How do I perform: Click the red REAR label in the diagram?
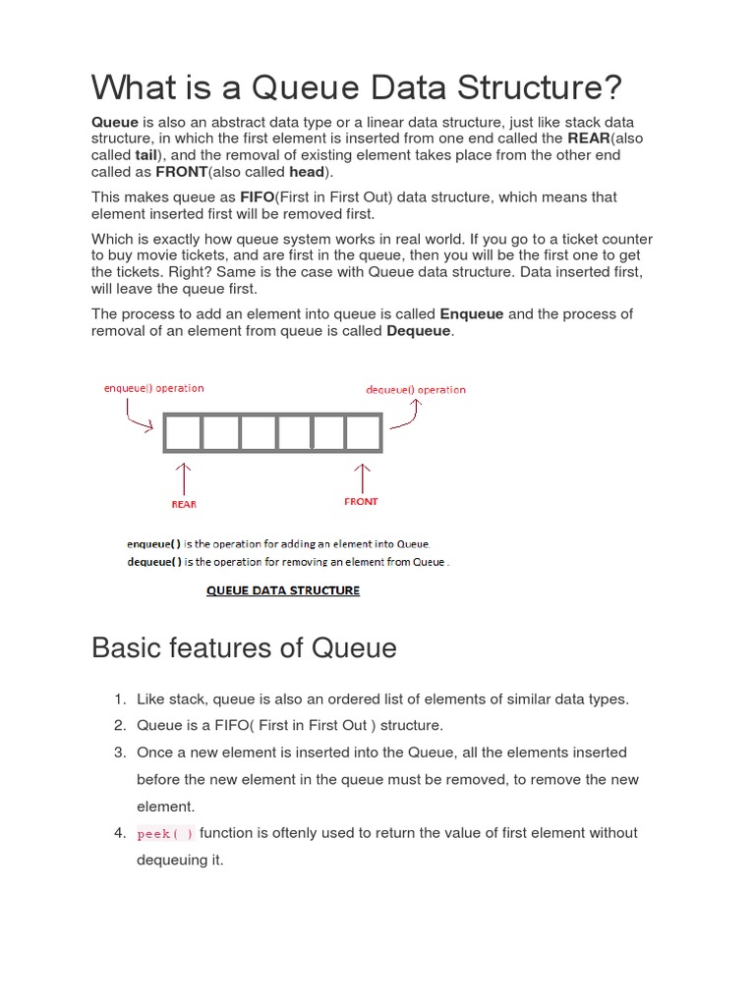[184, 504]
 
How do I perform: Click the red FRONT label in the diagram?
[361, 501]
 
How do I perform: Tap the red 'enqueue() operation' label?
[154, 388]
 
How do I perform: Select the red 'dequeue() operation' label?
[416, 390]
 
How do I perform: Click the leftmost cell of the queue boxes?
[183, 432]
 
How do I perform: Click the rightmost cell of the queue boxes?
[363, 432]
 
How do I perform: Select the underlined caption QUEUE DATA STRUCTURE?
[282, 590]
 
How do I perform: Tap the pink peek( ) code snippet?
[165, 834]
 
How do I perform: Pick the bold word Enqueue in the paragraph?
[472, 313]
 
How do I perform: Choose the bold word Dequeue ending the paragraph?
[420, 331]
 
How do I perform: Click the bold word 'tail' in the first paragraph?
[146, 155]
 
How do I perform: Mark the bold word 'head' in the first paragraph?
[307, 172]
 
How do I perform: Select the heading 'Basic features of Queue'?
[244, 648]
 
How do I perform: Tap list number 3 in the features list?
[119, 753]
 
